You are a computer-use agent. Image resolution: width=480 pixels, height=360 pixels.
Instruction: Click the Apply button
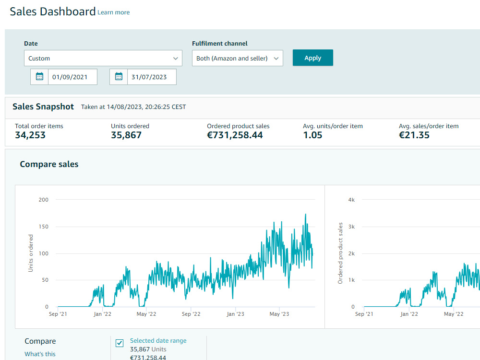[x=312, y=58]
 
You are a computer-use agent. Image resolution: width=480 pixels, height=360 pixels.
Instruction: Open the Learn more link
[x=114, y=12]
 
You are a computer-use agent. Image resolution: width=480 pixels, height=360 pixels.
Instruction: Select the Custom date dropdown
[x=103, y=58]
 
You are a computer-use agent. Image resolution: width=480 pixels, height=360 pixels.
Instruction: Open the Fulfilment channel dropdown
[x=237, y=58]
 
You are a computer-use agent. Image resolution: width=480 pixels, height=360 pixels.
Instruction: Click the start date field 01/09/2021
[x=72, y=77]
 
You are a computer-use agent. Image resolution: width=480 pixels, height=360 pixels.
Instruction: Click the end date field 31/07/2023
[x=152, y=77]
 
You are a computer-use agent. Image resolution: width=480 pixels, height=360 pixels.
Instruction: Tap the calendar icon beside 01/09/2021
[x=39, y=76]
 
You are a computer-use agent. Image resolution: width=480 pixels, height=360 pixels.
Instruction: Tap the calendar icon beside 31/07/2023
[x=119, y=76]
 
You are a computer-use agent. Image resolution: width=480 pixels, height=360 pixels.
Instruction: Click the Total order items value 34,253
[x=30, y=135]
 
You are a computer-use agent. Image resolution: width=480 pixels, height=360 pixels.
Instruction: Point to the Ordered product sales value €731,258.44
[x=235, y=135]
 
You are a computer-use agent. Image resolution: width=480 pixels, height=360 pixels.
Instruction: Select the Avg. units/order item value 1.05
[x=312, y=135]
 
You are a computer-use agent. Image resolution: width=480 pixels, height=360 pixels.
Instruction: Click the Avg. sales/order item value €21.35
[x=414, y=135]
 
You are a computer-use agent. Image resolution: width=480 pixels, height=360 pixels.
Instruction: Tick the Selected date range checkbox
[x=120, y=343]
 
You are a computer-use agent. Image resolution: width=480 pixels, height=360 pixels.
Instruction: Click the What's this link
[x=40, y=354]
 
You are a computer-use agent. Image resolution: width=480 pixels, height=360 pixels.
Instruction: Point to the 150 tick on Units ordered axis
[x=44, y=227]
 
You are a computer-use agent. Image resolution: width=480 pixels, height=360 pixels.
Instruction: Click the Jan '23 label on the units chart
[x=235, y=314]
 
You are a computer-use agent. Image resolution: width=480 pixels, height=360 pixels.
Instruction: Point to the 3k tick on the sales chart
[x=351, y=227]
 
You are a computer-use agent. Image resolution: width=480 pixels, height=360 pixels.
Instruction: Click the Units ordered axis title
[x=31, y=253]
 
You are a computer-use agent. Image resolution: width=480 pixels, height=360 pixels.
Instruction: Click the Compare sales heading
[x=49, y=164]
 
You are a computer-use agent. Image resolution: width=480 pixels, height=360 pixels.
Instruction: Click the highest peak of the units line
[x=305, y=214]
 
